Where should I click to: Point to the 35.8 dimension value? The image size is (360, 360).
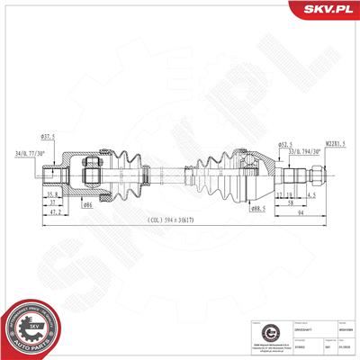pos(53,193)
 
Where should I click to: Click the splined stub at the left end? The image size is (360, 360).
pos(57,173)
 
